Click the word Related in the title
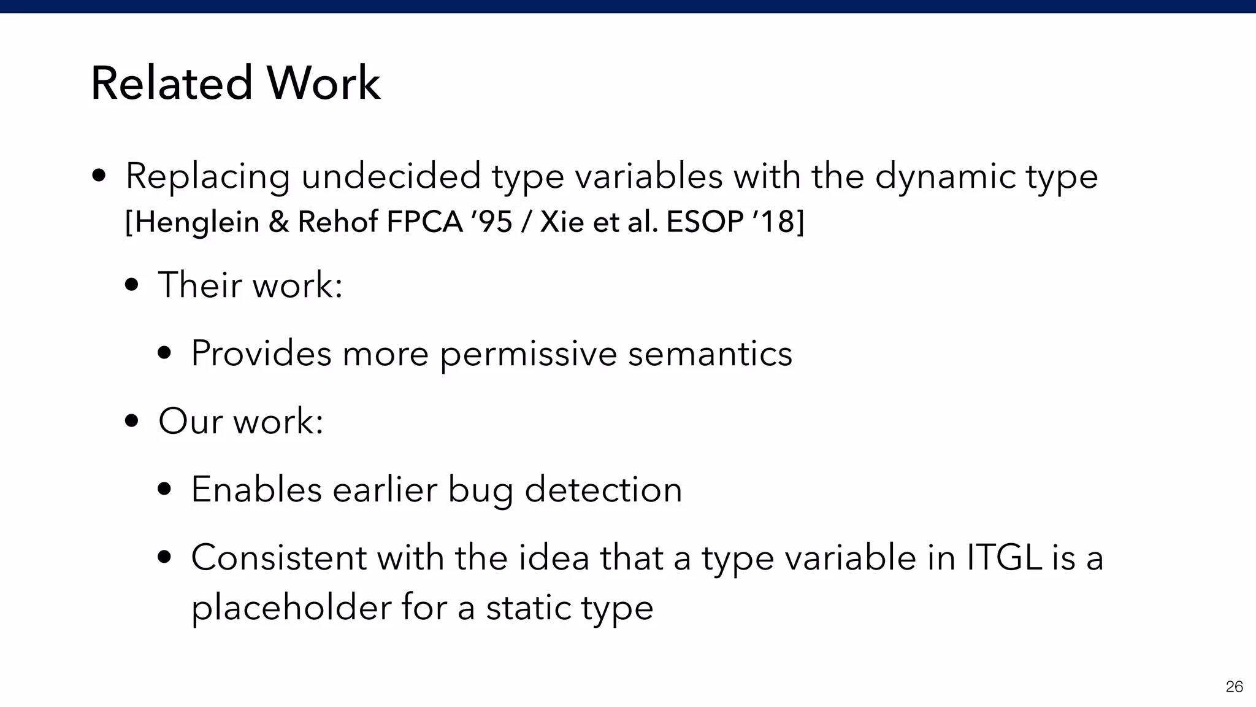coord(172,83)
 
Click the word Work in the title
coord(323,83)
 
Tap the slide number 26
coord(1234,687)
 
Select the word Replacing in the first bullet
coord(207,177)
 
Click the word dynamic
coord(945,177)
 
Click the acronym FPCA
coord(424,222)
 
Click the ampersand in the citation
coord(278,222)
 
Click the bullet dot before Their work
coord(131,285)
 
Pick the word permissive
coord(529,354)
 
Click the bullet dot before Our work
coord(131,422)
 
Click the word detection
coord(603,490)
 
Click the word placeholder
coord(291,608)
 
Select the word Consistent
coord(278,558)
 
